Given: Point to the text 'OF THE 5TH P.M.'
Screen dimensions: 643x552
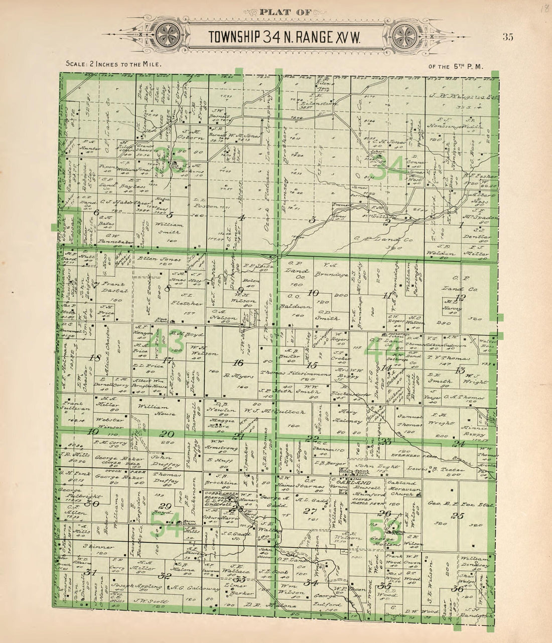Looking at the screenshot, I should click(456, 66).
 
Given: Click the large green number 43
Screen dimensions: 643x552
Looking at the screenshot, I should click(170, 344).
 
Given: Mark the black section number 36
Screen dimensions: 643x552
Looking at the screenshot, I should click(457, 588).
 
